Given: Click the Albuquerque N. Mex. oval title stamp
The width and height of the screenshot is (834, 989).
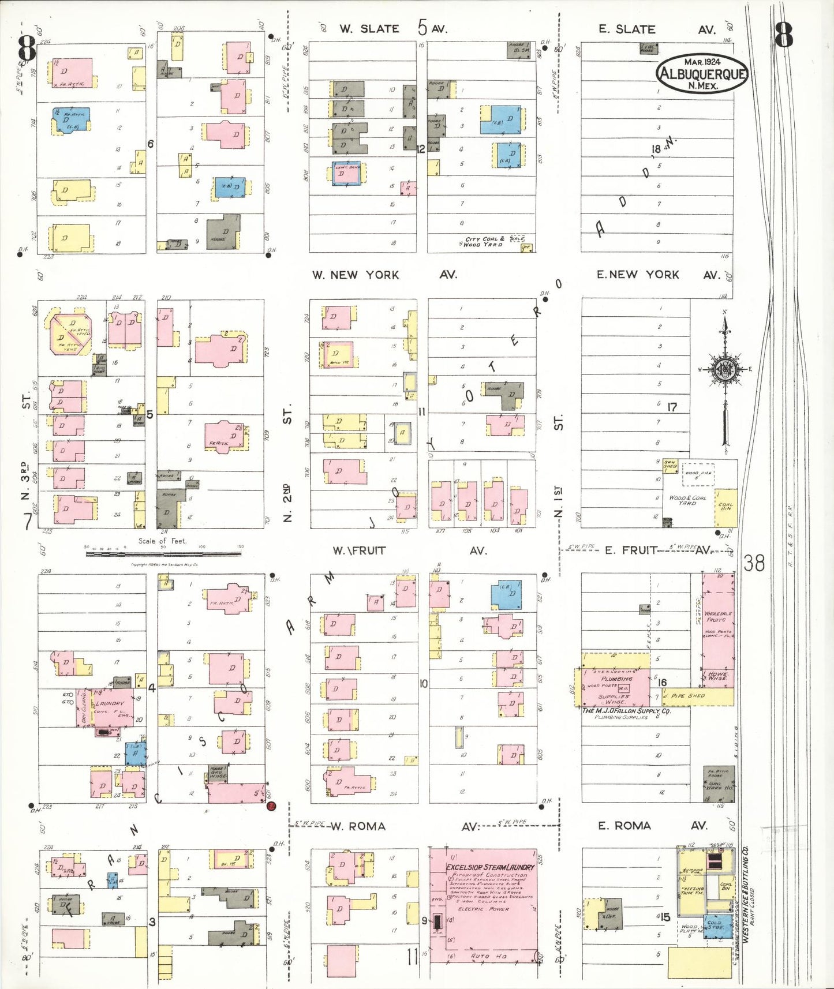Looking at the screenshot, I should pos(702,73).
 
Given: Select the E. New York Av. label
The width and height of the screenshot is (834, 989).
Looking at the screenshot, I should pos(657,275).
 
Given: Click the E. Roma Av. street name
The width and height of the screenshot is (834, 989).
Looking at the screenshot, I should pos(652,826).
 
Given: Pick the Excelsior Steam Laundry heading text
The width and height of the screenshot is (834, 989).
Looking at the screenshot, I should pos(491,867).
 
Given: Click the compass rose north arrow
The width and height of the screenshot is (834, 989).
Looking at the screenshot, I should pos(725,375).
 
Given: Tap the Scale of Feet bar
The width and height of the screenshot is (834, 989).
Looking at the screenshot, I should pos(163,554).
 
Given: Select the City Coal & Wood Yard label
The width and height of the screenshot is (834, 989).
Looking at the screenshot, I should pos(484,242).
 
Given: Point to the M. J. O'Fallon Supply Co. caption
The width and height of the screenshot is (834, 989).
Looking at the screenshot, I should pos(626,711).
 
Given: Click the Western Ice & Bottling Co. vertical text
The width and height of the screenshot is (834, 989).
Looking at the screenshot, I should pos(745,894).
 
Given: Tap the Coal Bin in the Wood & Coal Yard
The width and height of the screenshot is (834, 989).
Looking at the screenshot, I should pos(725,507).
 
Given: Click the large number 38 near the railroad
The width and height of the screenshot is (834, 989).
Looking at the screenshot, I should pos(754,563).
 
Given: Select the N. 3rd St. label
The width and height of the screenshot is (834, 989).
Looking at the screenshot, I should pos(25,450).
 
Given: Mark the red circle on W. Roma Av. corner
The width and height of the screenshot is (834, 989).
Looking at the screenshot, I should pos(271,806).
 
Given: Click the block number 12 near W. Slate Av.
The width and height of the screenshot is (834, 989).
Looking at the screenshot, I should pos(420,149).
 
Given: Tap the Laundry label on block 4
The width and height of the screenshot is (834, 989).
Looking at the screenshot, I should pos(110,703).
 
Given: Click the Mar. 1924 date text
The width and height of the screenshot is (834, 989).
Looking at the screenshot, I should pos(702,62).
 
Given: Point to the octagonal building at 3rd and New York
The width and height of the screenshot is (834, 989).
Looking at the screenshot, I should pos(70,334).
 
